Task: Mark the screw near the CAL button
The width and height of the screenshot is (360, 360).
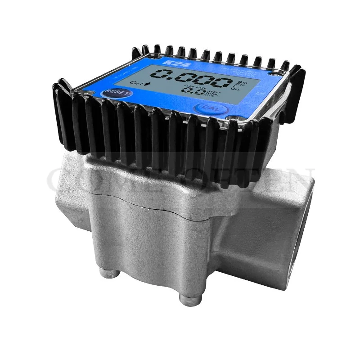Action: pos(231,119)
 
